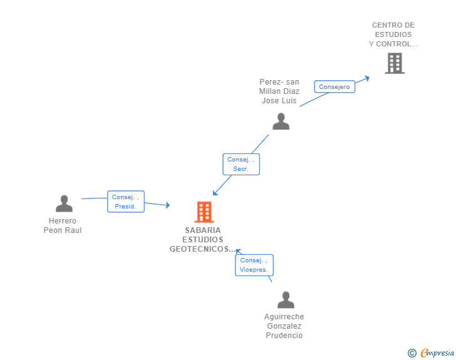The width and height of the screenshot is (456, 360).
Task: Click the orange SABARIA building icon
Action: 204,212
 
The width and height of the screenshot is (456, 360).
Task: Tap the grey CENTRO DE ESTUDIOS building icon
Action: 394,63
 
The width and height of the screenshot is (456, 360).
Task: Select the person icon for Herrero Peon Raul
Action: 64,203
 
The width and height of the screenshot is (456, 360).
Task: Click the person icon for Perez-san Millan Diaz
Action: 281,121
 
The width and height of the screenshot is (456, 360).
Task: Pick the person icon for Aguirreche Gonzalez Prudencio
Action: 286,300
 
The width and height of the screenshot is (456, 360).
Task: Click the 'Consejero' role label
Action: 334,87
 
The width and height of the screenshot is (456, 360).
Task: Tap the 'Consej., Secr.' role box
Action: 241,164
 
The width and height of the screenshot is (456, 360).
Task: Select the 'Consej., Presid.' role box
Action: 125,202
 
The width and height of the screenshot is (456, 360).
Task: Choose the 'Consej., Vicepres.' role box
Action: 254,265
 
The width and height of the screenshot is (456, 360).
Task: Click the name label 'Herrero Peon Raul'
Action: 63,225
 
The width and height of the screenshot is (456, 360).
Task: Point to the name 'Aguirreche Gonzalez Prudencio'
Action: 284,326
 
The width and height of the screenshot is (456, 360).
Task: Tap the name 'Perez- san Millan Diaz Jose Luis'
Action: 279,91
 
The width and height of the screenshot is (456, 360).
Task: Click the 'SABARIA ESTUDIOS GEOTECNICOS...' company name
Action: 203,240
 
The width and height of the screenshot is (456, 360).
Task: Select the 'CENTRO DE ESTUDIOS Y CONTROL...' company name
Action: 393,35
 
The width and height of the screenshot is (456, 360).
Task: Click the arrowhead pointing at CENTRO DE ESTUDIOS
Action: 368,78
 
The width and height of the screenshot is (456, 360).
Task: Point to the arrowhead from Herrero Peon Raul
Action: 168,205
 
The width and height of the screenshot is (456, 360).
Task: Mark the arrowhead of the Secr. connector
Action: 215,193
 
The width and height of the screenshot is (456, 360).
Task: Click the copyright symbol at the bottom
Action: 412,353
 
